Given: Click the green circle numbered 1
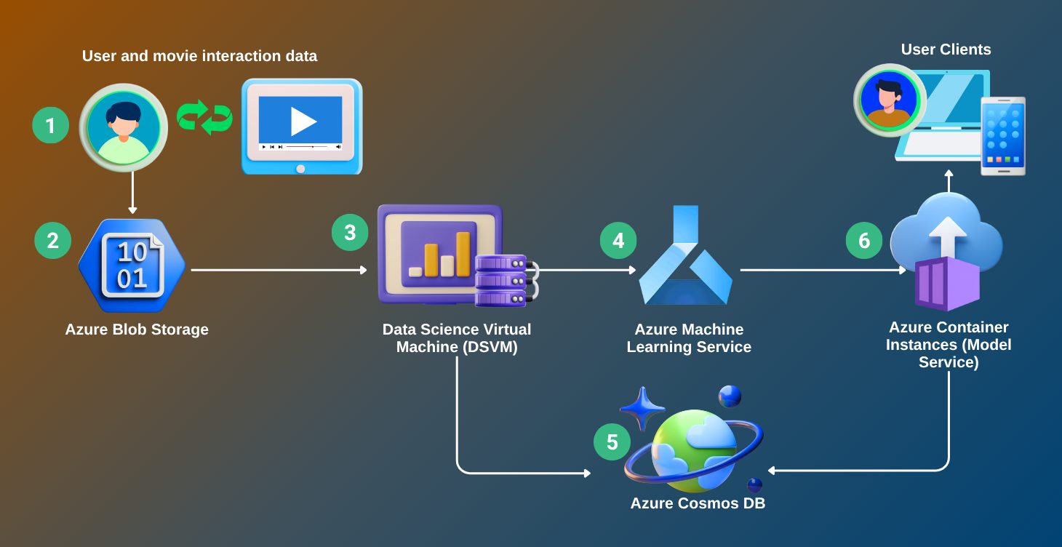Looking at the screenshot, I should pos(50,125).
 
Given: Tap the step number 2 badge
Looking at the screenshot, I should pos(52,241).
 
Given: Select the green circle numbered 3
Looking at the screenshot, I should pos(350,232).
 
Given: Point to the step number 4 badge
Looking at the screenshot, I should pos(618,241).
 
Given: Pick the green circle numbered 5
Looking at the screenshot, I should pos(612,442).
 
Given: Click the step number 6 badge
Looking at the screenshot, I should pos(864,241).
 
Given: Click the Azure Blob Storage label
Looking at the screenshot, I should pos(137,330).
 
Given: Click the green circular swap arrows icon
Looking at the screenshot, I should pos(204,118).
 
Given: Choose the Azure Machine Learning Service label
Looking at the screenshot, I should pos(689,338).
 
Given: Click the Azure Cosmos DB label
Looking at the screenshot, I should pos(698,503).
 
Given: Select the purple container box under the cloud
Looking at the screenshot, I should pos(946,284).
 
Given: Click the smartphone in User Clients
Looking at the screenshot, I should pos(1003,136).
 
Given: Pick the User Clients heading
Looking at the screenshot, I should pos(946,49).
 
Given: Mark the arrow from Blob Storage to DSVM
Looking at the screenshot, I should pos(279,270).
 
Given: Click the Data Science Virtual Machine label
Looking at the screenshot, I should pos(457,338).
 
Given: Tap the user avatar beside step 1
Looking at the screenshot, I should pos(123,127).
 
